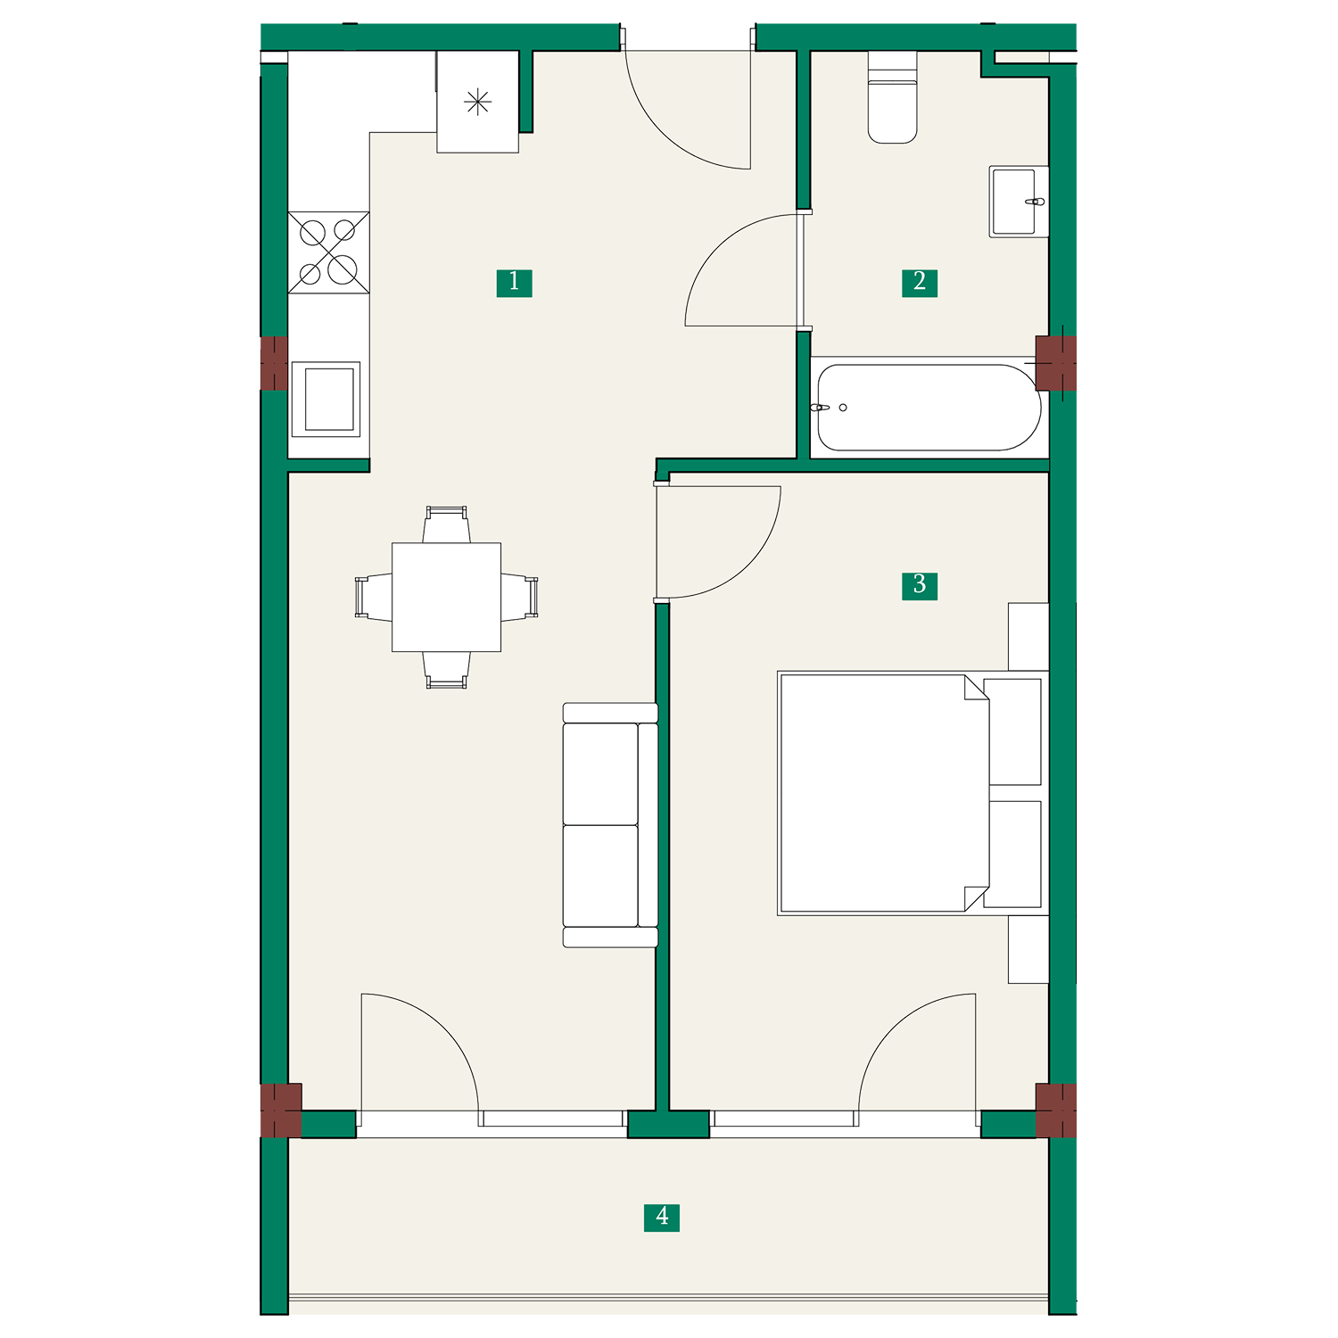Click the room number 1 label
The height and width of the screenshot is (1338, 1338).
coord(514,283)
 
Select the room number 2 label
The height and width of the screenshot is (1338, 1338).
coord(919,283)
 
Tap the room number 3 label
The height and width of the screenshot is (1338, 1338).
coord(919,585)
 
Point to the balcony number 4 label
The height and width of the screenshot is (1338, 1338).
coord(662,1217)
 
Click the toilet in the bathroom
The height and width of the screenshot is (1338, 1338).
coord(892,97)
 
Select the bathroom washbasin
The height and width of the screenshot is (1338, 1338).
coord(1019,202)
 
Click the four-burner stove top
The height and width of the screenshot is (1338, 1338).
coord(328,252)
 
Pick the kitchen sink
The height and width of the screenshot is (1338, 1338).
coord(326,399)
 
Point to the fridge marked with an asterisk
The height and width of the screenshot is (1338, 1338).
coord(477,102)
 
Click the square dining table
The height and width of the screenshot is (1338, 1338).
coord(446,597)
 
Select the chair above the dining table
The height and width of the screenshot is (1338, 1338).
coord(446,524)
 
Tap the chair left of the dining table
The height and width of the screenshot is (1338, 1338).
coord(374,597)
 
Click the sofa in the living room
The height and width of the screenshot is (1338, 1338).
coord(610,825)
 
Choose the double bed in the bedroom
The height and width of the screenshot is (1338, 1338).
coord(913,794)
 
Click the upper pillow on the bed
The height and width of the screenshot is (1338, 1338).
coord(1012,731)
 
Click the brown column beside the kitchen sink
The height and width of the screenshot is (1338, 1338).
coord(274,363)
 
